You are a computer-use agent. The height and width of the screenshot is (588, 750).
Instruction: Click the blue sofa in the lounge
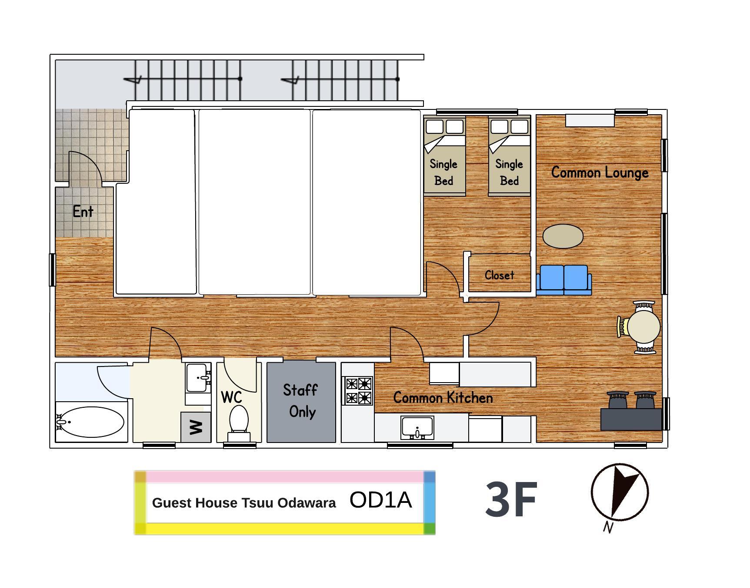564,280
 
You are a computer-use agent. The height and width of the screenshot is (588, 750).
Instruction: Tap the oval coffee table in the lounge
563,236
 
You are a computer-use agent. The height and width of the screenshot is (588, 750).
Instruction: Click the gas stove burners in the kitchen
359,390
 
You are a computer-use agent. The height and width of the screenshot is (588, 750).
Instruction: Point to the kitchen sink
417,428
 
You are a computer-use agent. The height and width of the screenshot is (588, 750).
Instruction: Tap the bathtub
90,422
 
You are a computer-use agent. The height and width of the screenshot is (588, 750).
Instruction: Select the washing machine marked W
196,427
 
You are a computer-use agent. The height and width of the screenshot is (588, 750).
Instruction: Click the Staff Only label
301,400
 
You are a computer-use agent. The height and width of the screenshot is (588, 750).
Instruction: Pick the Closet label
500,275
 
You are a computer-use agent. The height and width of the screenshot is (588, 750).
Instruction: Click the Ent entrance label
83,211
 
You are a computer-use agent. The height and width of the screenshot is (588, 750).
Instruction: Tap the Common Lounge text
600,172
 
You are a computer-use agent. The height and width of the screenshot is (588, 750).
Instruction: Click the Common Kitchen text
443,398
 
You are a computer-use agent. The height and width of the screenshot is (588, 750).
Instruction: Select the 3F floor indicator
511,499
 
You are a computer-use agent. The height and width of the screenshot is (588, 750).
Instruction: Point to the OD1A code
380,500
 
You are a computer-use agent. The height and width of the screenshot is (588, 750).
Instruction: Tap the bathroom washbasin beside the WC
198,378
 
